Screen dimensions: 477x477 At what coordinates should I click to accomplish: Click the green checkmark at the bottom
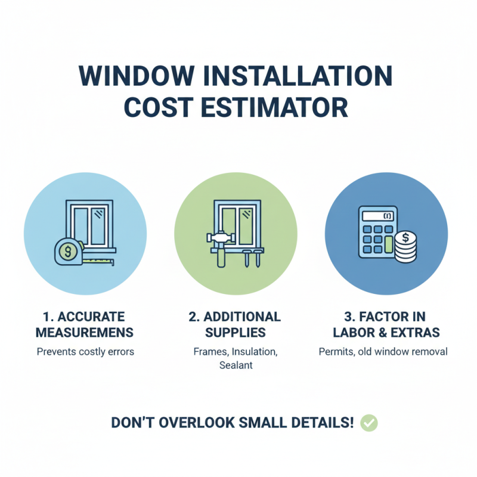pyautogui.click(x=370, y=423)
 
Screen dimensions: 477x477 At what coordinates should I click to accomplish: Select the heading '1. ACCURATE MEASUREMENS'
pyautogui.click(x=85, y=323)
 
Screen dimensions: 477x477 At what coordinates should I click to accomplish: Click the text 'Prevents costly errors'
pyautogui.click(x=85, y=352)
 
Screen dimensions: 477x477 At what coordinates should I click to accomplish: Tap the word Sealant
pyautogui.click(x=237, y=366)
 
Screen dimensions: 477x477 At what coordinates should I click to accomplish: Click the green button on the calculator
pyautogui.click(x=389, y=243)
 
